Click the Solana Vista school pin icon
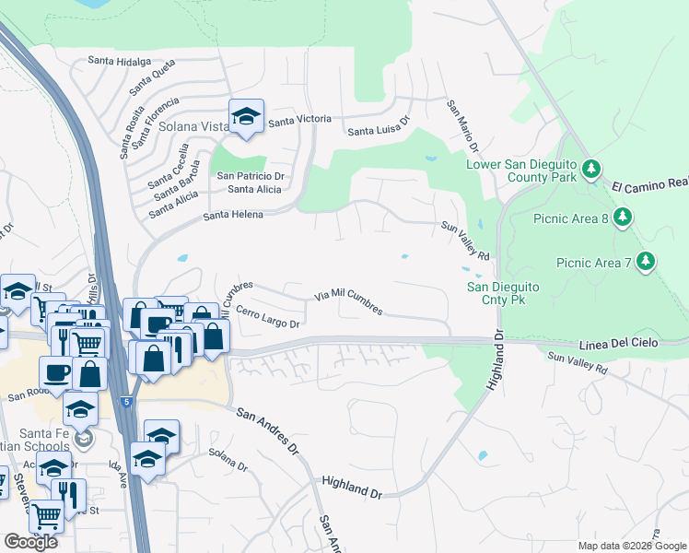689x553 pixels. click(246, 117)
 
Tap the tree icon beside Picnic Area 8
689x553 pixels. click(624, 218)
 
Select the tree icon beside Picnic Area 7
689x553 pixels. click(646, 262)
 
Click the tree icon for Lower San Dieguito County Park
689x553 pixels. click(590, 170)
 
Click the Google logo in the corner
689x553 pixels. click(30, 542)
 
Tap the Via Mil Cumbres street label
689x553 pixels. click(348, 301)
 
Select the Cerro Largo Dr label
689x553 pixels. click(268, 318)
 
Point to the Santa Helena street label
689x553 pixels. click(233, 215)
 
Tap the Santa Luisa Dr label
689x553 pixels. click(378, 131)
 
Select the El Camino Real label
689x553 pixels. click(650, 185)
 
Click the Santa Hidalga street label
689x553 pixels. click(119, 61)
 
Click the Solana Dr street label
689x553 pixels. click(228, 459)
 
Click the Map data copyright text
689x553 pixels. click(632, 545)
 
